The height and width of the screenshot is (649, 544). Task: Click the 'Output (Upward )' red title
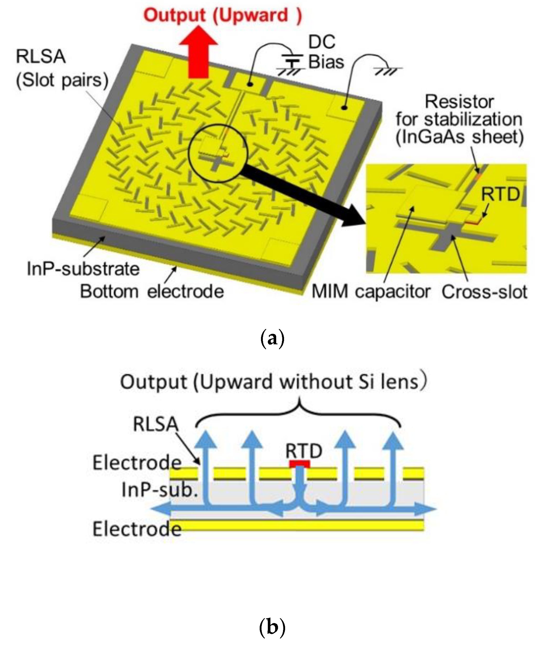click(x=222, y=15)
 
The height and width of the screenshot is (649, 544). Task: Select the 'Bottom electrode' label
click(x=152, y=291)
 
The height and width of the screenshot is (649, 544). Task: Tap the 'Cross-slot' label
click(x=484, y=291)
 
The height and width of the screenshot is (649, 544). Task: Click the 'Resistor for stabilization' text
click(x=459, y=119)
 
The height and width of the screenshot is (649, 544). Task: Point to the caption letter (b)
click(x=272, y=627)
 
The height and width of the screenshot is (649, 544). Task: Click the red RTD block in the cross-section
click(x=299, y=463)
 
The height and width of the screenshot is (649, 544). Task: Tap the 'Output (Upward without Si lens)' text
click(x=274, y=382)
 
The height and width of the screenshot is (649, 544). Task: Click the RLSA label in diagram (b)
click(x=156, y=424)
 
